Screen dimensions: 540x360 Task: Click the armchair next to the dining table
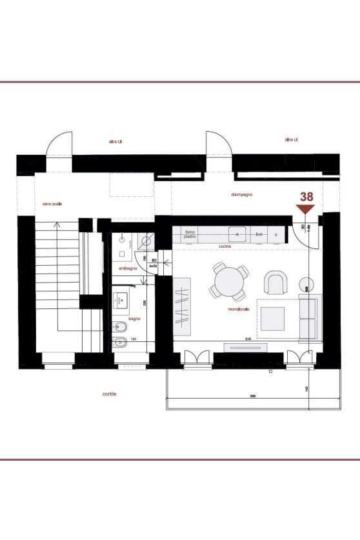pos(275,281)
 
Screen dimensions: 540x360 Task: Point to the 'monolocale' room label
pos(238,309)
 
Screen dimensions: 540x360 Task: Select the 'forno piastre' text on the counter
pos(190,234)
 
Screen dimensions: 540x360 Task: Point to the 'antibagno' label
pos(126,268)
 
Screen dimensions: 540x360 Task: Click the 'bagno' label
pos(134,319)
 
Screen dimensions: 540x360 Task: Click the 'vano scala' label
pos(52,203)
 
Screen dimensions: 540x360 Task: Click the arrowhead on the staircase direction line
pos(58,225)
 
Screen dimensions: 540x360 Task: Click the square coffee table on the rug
pos(272,317)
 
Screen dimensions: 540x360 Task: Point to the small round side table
pos(303,282)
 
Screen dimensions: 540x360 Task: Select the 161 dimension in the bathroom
pos(134,339)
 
